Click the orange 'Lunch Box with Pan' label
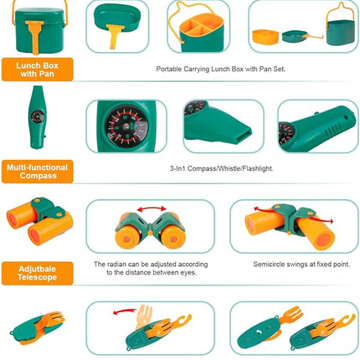[37, 69]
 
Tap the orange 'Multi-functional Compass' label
[37, 171]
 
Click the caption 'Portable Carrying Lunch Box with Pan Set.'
[220, 69]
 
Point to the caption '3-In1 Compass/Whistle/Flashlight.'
[220, 168]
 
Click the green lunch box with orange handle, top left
[33, 27]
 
